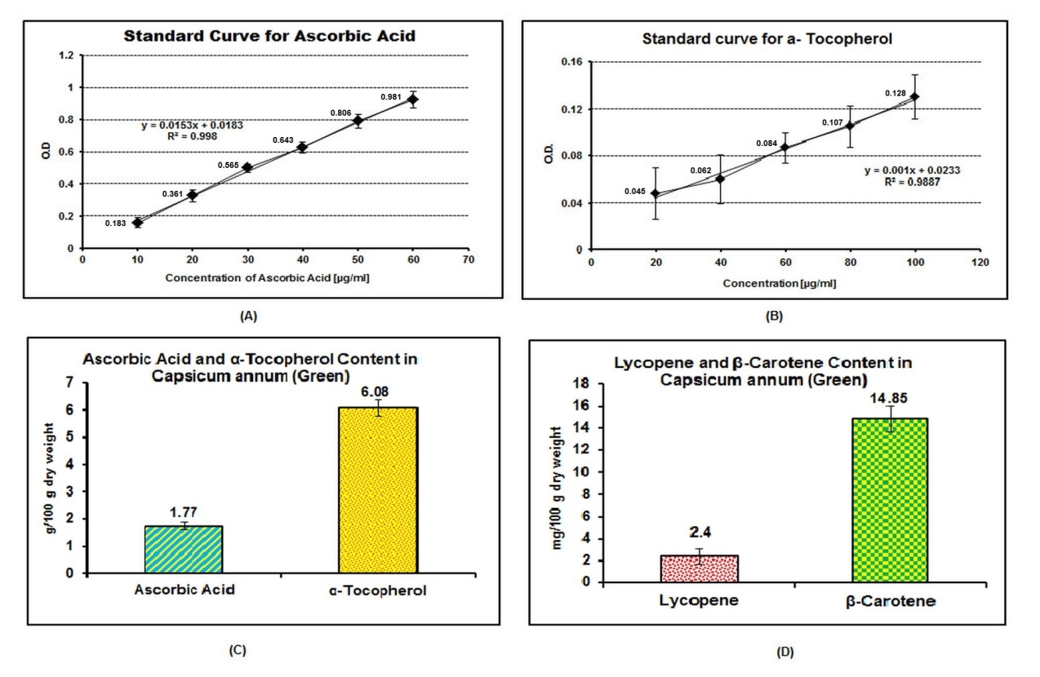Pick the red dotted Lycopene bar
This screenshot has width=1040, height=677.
tap(699, 569)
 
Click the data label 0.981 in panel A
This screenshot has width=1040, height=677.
tap(392, 97)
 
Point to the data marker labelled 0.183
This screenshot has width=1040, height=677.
tap(137, 222)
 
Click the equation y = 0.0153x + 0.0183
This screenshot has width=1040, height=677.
tap(193, 125)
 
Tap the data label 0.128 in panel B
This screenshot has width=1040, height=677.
tap(896, 93)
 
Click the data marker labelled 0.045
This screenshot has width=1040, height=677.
tap(655, 193)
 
